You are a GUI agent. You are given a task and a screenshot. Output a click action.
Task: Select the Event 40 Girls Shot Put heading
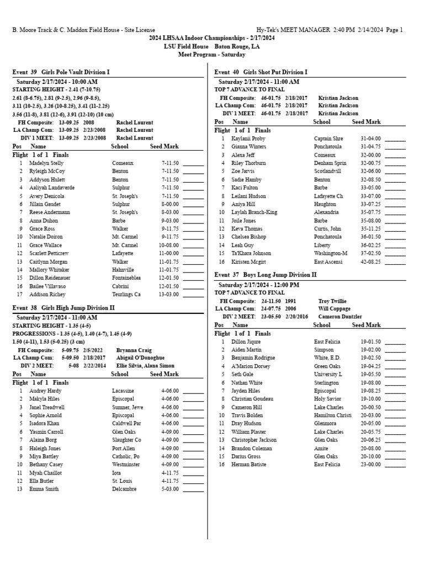[261, 72]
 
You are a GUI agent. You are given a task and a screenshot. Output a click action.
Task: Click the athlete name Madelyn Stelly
[47, 163]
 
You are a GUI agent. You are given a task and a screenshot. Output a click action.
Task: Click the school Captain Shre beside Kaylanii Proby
[328, 139]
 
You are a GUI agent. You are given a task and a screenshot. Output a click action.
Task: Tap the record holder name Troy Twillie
[333, 301]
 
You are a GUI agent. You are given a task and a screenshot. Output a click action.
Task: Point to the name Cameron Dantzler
[340, 317]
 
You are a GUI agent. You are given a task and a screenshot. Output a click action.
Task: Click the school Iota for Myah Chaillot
[116, 473]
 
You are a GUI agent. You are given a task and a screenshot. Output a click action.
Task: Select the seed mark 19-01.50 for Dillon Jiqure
[370, 342]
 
